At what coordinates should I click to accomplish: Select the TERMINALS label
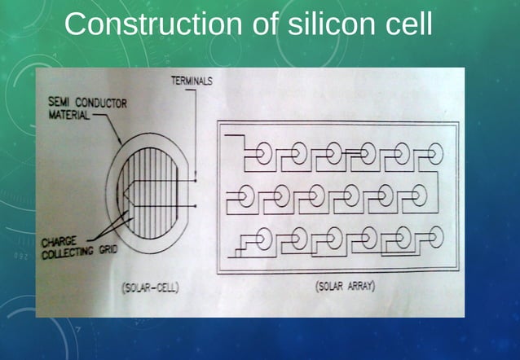pos(192,81)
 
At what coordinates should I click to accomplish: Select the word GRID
pos(107,250)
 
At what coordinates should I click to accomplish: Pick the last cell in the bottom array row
pos(436,238)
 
